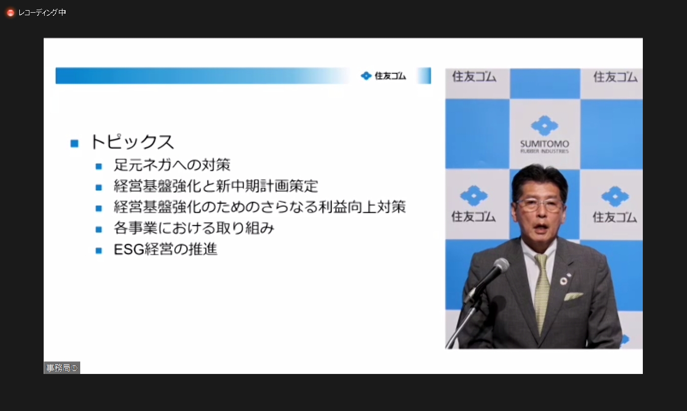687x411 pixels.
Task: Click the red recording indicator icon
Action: coord(11,13)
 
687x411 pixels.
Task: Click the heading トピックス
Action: coord(132,142)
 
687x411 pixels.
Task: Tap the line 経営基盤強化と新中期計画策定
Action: coord(216,186)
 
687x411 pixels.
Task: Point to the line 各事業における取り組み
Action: coord(194,228)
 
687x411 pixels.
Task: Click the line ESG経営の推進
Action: coord(166,250)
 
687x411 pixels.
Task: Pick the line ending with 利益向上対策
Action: coord(259,208)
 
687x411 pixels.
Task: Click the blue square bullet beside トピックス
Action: coord(75,143)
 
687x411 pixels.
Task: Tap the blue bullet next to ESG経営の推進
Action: coord(99,250)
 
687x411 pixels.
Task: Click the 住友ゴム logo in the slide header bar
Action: coord(383,76)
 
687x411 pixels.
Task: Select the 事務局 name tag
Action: coord(61,368)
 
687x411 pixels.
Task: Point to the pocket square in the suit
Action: coord(574,296)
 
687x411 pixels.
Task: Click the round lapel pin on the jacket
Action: coord(564,280)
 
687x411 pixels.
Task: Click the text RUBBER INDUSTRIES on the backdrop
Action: coord(544,151)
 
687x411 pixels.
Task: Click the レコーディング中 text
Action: coord(42,13)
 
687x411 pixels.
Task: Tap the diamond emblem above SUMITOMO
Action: coord(544,125)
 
